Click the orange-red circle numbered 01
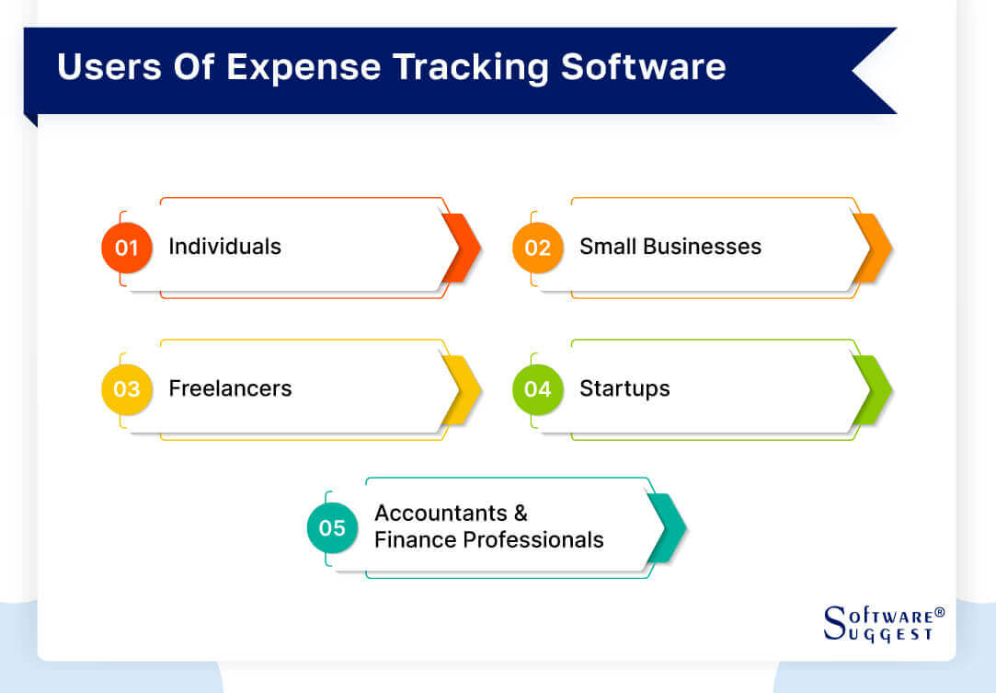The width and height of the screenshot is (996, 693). [126, 248]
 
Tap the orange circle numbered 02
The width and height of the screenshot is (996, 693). [537, 248]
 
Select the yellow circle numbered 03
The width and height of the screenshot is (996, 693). [126, 388]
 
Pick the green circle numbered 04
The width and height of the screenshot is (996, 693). [537, 388]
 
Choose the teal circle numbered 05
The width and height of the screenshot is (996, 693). [332, 527]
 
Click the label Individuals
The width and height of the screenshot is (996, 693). [224, 247]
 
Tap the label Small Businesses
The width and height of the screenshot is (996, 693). [670, 247]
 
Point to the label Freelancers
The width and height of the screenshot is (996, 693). [230, 388]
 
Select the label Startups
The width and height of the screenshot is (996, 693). [624, 388]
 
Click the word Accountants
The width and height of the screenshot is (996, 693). [441, 513]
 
